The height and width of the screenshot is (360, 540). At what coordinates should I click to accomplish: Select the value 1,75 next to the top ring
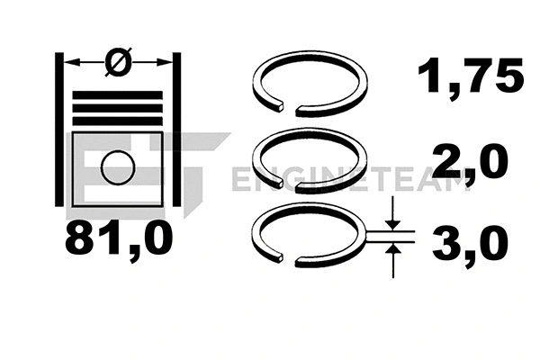469,77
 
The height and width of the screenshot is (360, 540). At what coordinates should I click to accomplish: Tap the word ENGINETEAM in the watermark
351,179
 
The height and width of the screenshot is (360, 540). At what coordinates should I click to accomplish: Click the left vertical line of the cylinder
60,135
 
